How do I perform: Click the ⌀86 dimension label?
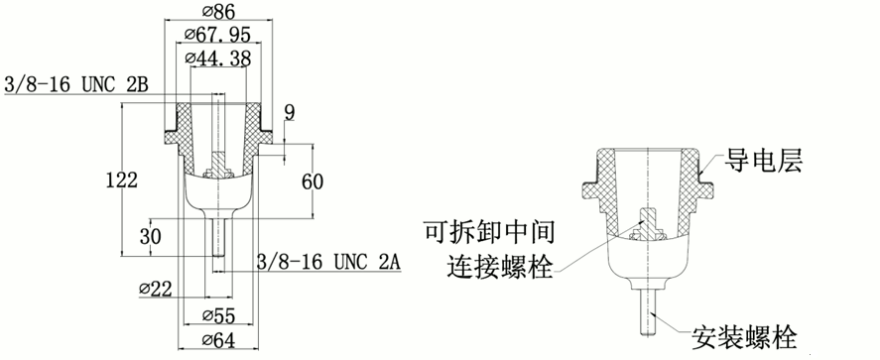[218, 11]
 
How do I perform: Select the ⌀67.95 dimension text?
[218, 35]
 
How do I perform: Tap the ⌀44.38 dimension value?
[218, 60]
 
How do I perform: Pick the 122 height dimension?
[119, 179]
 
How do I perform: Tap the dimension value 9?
[290, 111]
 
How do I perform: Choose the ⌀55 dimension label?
[218, 317]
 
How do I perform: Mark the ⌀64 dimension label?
[218, 341]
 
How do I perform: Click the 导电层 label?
[763, 160]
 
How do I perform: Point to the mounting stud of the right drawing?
[647, 307]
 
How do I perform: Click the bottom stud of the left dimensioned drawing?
[218, 238]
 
